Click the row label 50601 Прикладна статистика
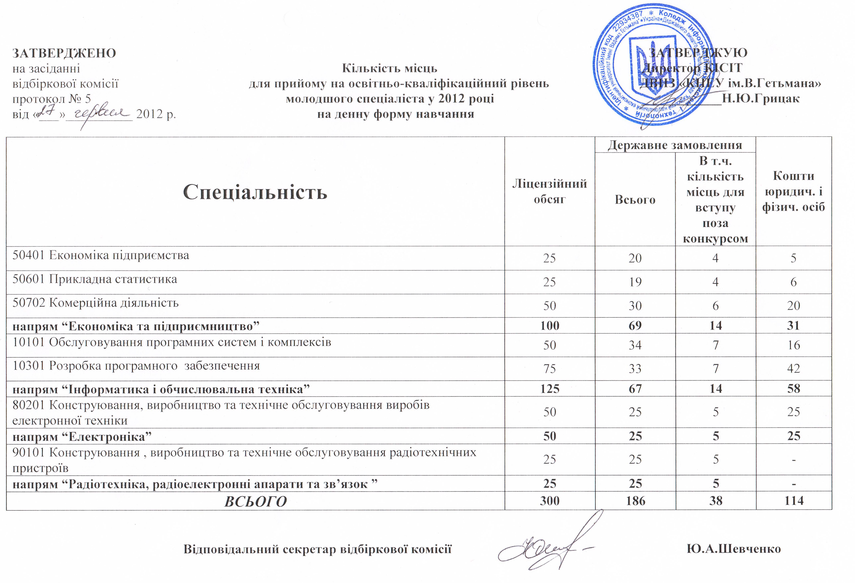95,279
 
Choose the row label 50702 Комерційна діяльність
96,303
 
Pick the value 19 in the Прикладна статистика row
635,282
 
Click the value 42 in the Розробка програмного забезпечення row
794,368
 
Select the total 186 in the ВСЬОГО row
635,501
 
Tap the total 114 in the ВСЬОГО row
794,501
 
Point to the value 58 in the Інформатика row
794,388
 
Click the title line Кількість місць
390,68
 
